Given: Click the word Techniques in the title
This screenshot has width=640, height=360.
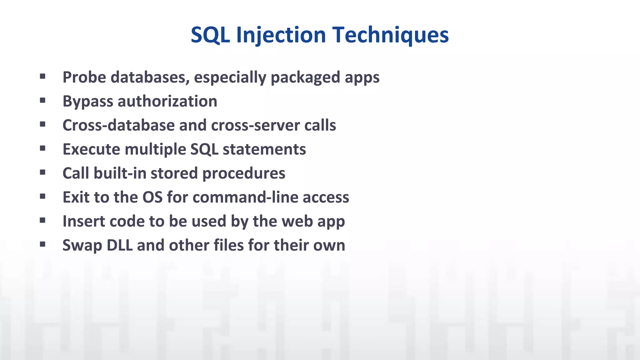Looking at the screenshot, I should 390,35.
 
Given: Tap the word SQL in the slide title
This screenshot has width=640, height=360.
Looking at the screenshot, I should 210,35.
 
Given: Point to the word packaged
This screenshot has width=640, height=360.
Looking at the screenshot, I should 305,77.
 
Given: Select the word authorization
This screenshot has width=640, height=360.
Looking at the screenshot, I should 167,101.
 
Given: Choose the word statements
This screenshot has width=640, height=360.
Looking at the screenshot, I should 264,149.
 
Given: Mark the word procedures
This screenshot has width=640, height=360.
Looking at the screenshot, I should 244,173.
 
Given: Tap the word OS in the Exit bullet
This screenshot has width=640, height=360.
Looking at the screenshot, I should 152,197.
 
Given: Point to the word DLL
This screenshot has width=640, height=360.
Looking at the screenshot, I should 119,245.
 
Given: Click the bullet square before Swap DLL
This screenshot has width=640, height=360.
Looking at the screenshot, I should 43,244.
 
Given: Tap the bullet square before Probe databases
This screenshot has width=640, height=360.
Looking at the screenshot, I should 43,76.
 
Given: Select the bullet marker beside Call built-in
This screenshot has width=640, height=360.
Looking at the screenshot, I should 43,172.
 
